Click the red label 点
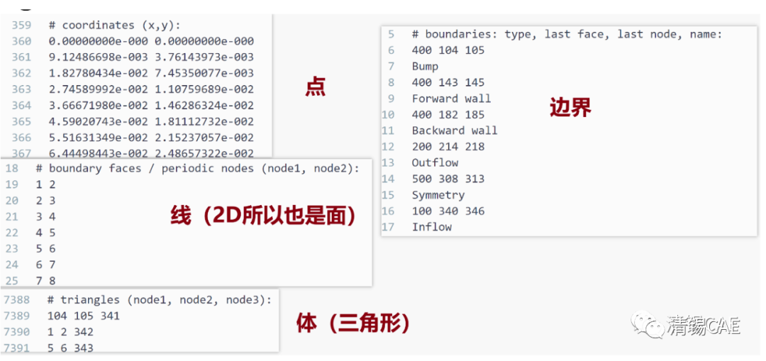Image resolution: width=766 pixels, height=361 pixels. tap(315, 87)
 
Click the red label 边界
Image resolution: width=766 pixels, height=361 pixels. tap(570, 107)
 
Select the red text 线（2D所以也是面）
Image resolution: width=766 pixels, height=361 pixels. tap(263, 215)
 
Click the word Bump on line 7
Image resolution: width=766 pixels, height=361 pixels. tap(425, 66)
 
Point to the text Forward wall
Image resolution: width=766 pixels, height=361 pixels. tap(451, 99)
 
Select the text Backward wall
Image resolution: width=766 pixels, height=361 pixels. tap(455, 130)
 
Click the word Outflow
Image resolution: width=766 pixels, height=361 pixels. tap(435, 162)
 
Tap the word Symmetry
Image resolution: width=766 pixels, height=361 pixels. tap(438, 195)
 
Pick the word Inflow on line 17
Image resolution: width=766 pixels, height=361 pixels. tap(431, 227)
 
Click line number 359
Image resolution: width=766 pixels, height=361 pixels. tap(21, 25)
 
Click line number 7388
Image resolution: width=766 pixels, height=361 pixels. tap(17, 299)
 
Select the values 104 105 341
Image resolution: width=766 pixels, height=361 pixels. tap(83, 316)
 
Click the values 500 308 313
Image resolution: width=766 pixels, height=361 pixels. tap(448, 179)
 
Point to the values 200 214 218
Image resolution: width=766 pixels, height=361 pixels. tap(448, 147)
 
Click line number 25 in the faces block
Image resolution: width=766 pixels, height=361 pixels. tap(12, 281)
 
